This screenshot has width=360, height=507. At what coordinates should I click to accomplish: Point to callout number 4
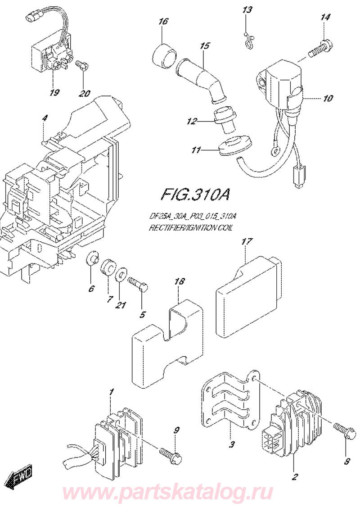point(45,118)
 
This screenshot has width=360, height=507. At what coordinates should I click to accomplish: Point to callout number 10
point(328,98)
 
